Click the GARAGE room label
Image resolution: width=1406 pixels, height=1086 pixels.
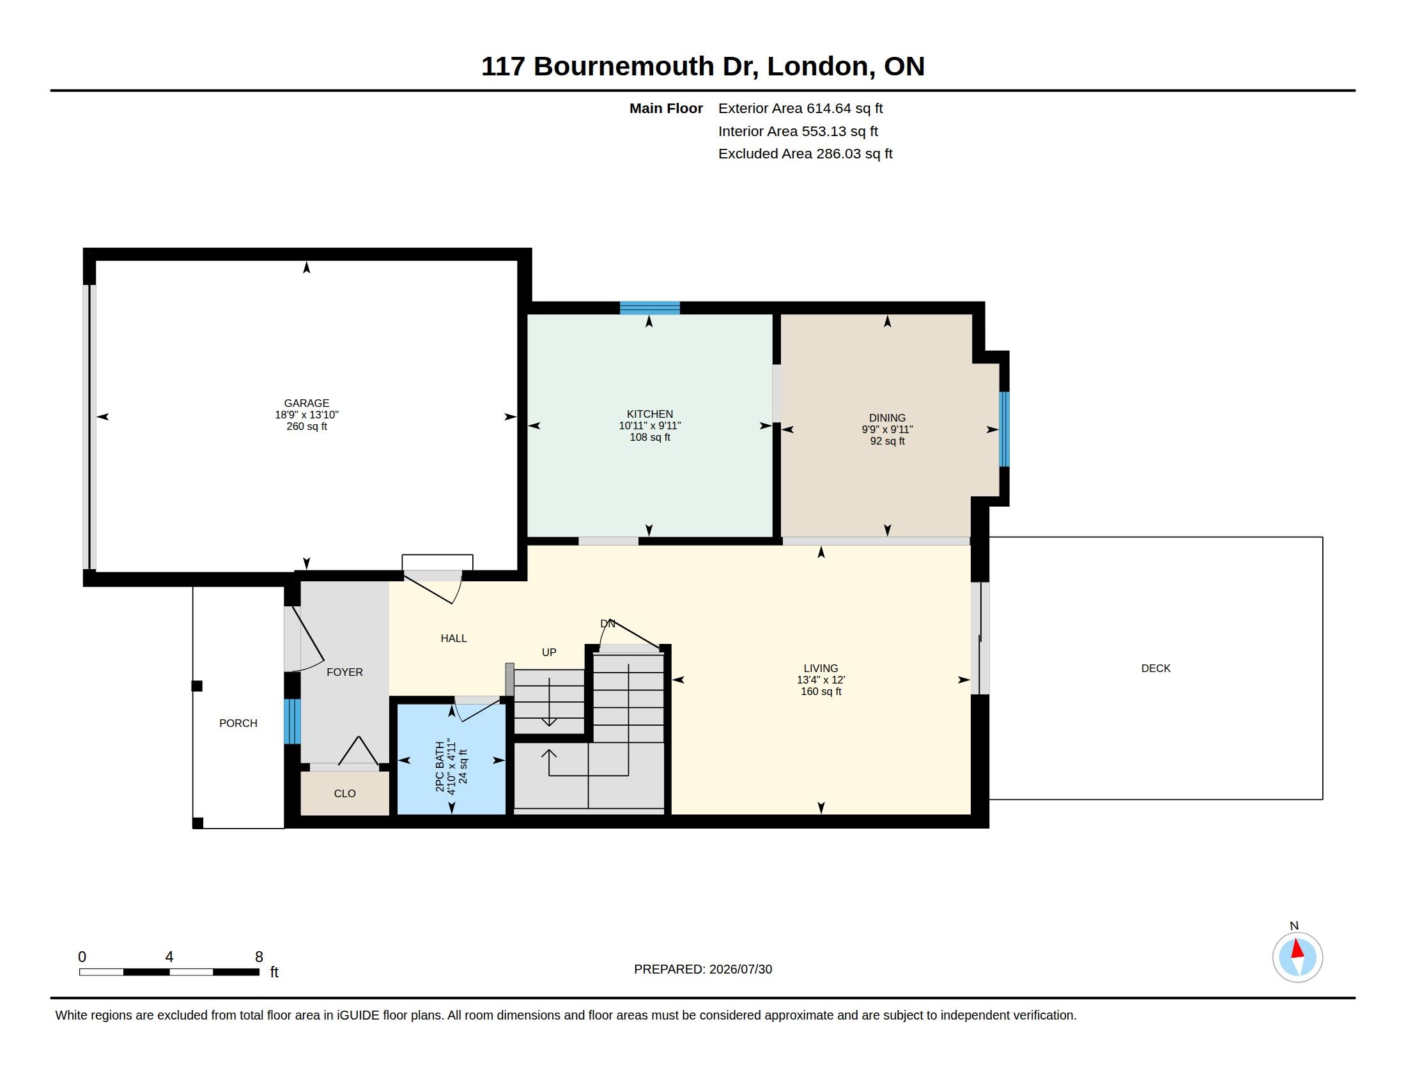pos(306,403)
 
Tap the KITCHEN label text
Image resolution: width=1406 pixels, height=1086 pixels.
pos(649,415)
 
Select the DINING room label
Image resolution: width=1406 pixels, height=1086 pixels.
pos(887,418)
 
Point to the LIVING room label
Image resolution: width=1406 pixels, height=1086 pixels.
pos(821,668)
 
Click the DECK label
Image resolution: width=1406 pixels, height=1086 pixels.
pos(1155,668)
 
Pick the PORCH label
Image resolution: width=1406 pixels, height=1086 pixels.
pos(238,723)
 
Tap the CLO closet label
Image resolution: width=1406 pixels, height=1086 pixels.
pos(344,793)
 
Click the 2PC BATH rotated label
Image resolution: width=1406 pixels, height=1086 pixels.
pos(440,766)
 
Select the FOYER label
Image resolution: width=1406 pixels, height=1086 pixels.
pos(344,672)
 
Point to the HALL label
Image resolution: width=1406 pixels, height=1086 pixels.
pos(454,638)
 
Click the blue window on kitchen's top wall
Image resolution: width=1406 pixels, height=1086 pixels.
pos(649,307)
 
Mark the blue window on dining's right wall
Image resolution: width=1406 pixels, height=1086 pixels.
pos(1003,429)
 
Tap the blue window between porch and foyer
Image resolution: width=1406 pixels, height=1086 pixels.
pos(291,721)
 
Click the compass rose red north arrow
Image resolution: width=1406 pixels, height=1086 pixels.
pos(1297,949)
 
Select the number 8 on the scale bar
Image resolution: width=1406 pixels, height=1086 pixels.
pos(259,957)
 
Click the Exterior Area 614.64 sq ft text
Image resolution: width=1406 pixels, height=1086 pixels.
pos(800,109)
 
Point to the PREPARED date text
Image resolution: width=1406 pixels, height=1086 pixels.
pos(703,969)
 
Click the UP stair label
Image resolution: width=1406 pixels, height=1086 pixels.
pos(549,652)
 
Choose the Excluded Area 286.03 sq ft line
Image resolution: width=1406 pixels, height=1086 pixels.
pos(805,154)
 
